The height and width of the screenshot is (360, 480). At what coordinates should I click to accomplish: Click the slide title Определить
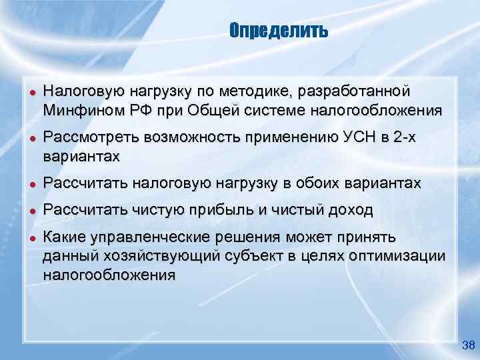point(279,30)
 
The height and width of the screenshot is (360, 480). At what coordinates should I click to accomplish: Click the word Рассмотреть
point(86,137)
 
